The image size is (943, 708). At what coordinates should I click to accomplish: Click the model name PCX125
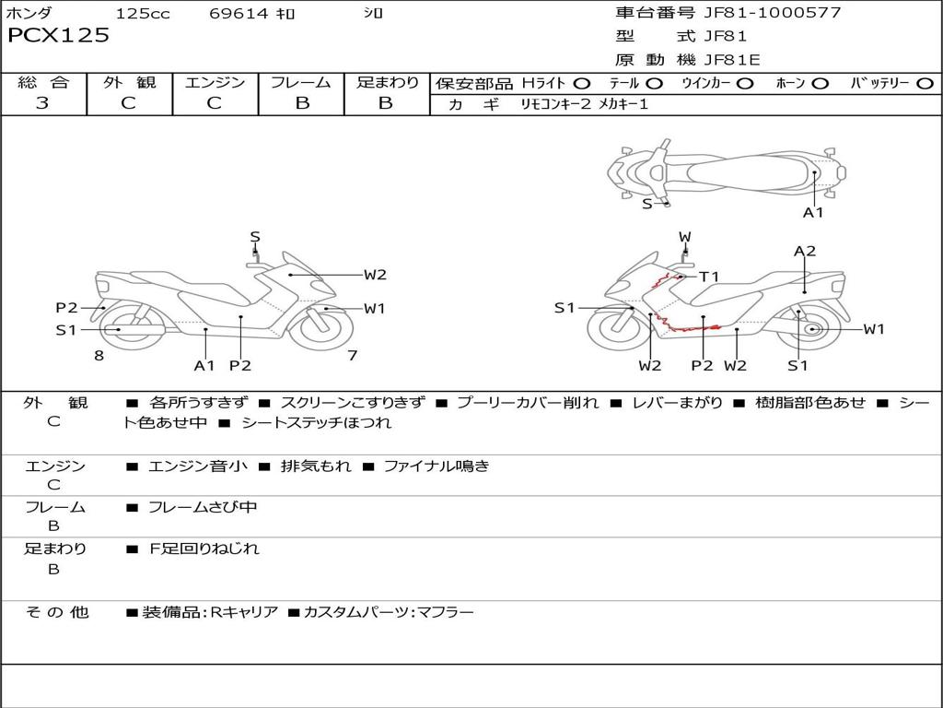tap(58, 35)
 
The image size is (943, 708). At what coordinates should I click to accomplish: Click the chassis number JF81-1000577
tap(773, 13)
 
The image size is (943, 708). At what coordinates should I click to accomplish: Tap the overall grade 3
tap(42, 102)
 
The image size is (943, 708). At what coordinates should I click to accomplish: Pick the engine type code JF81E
tap(732, 60)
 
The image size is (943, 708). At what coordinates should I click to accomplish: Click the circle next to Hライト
tap(582, 84)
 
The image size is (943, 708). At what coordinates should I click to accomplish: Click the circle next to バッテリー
tap(925, 84)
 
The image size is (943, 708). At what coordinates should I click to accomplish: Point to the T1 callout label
tap(709, 277)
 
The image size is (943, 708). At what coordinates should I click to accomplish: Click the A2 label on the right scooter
tap(805, 251)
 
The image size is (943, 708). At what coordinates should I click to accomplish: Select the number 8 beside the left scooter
tap(99, 355)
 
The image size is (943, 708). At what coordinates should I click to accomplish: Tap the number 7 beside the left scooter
tap(353, 355)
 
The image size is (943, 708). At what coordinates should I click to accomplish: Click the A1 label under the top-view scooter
tap(813, 213)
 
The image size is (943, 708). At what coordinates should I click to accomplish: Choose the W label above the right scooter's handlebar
tap(685, 237)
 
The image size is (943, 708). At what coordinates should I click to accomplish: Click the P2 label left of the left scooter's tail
tap(66, 308)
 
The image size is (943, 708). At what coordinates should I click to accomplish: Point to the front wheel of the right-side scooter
tap(620, 327)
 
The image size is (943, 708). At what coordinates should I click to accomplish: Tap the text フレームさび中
tap(203, 508)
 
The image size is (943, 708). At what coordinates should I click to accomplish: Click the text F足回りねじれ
tap(204, 549)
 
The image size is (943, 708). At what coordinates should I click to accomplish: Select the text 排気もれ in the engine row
tap(316, 466)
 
